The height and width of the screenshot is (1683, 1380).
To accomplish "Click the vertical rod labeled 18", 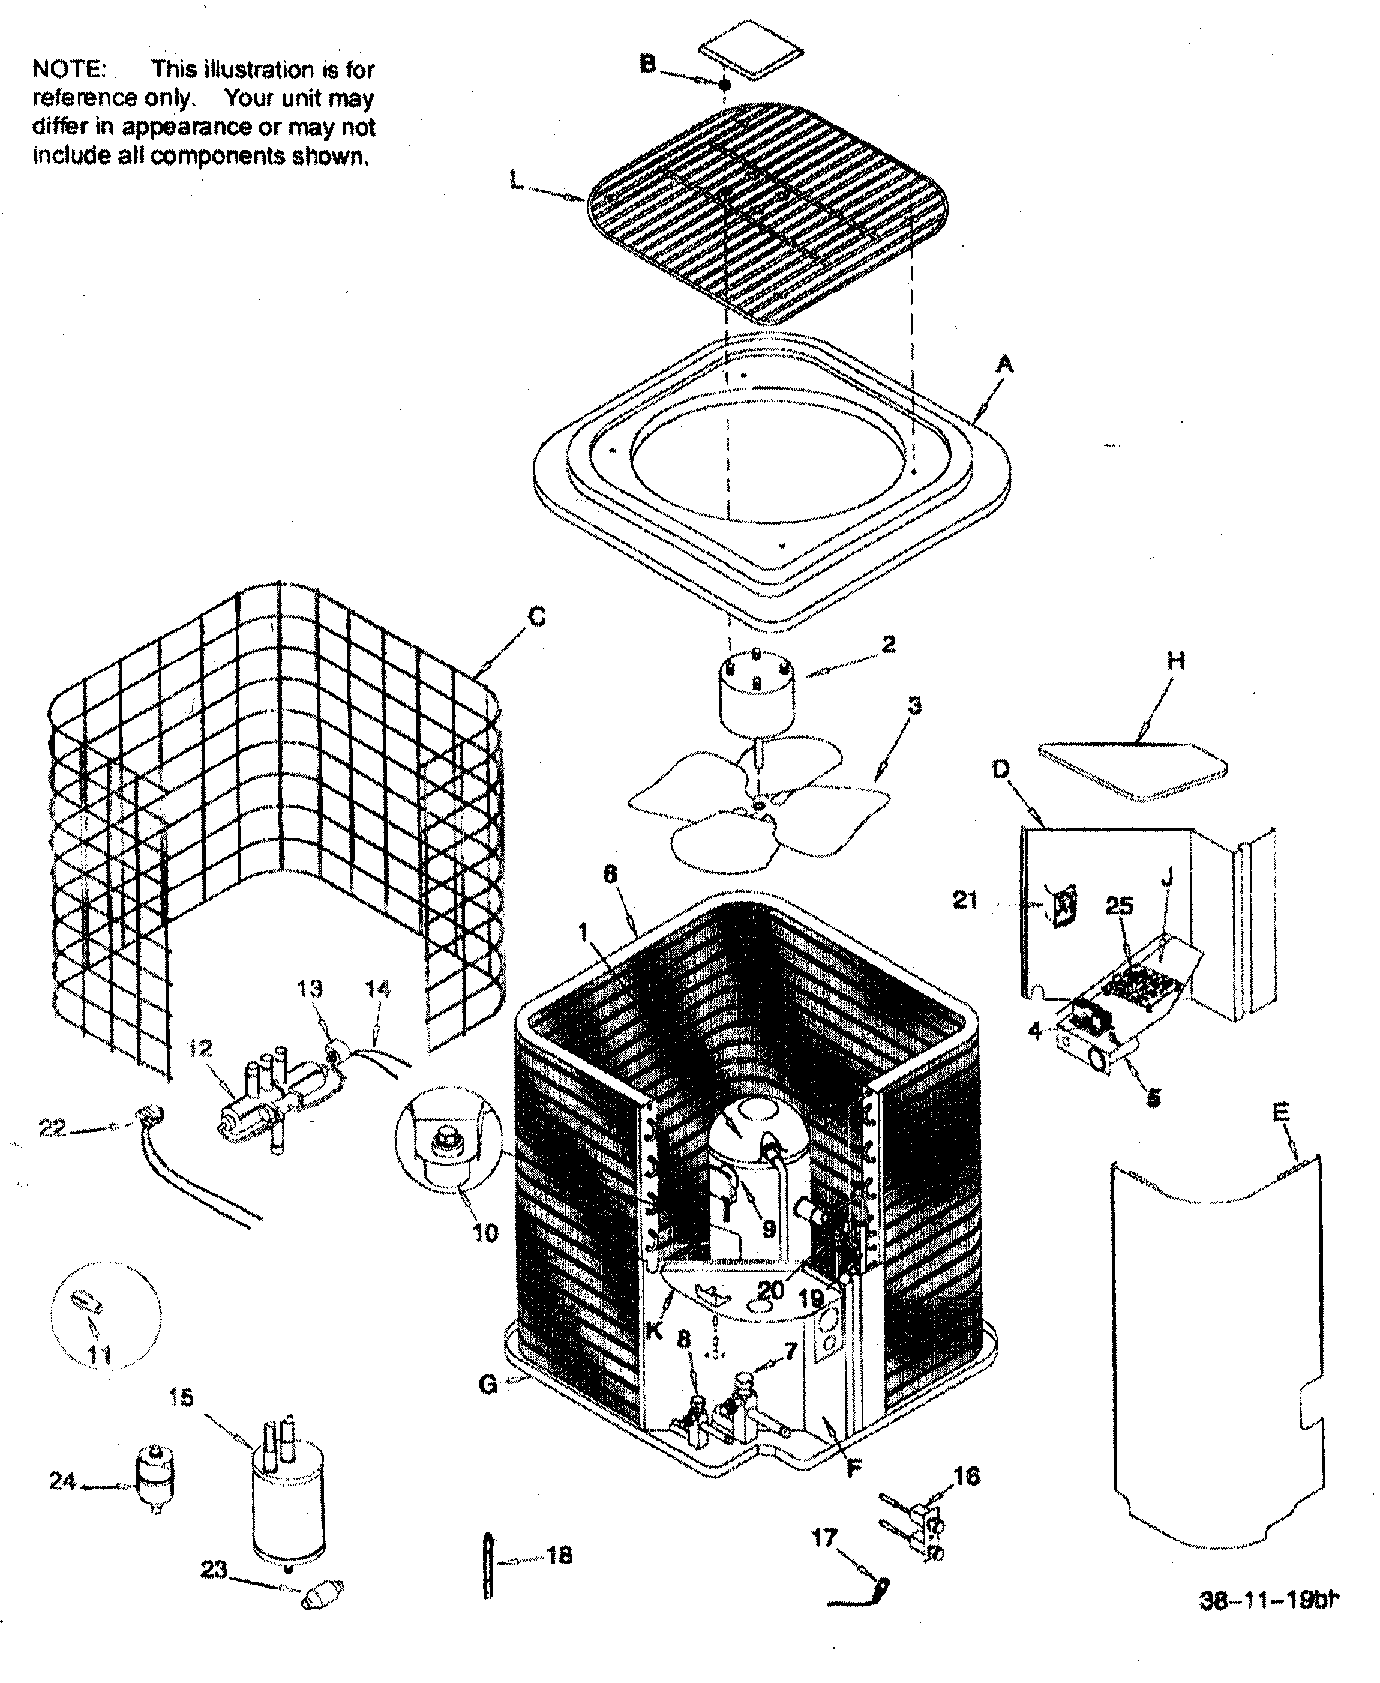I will (488, 1565).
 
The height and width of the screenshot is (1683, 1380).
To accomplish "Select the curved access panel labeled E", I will (1216, 1352).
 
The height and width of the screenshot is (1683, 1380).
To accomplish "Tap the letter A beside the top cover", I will (1006, 365).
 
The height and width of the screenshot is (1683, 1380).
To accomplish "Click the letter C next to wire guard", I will (538, 617).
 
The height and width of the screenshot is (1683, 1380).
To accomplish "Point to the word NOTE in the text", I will (68, 69).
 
